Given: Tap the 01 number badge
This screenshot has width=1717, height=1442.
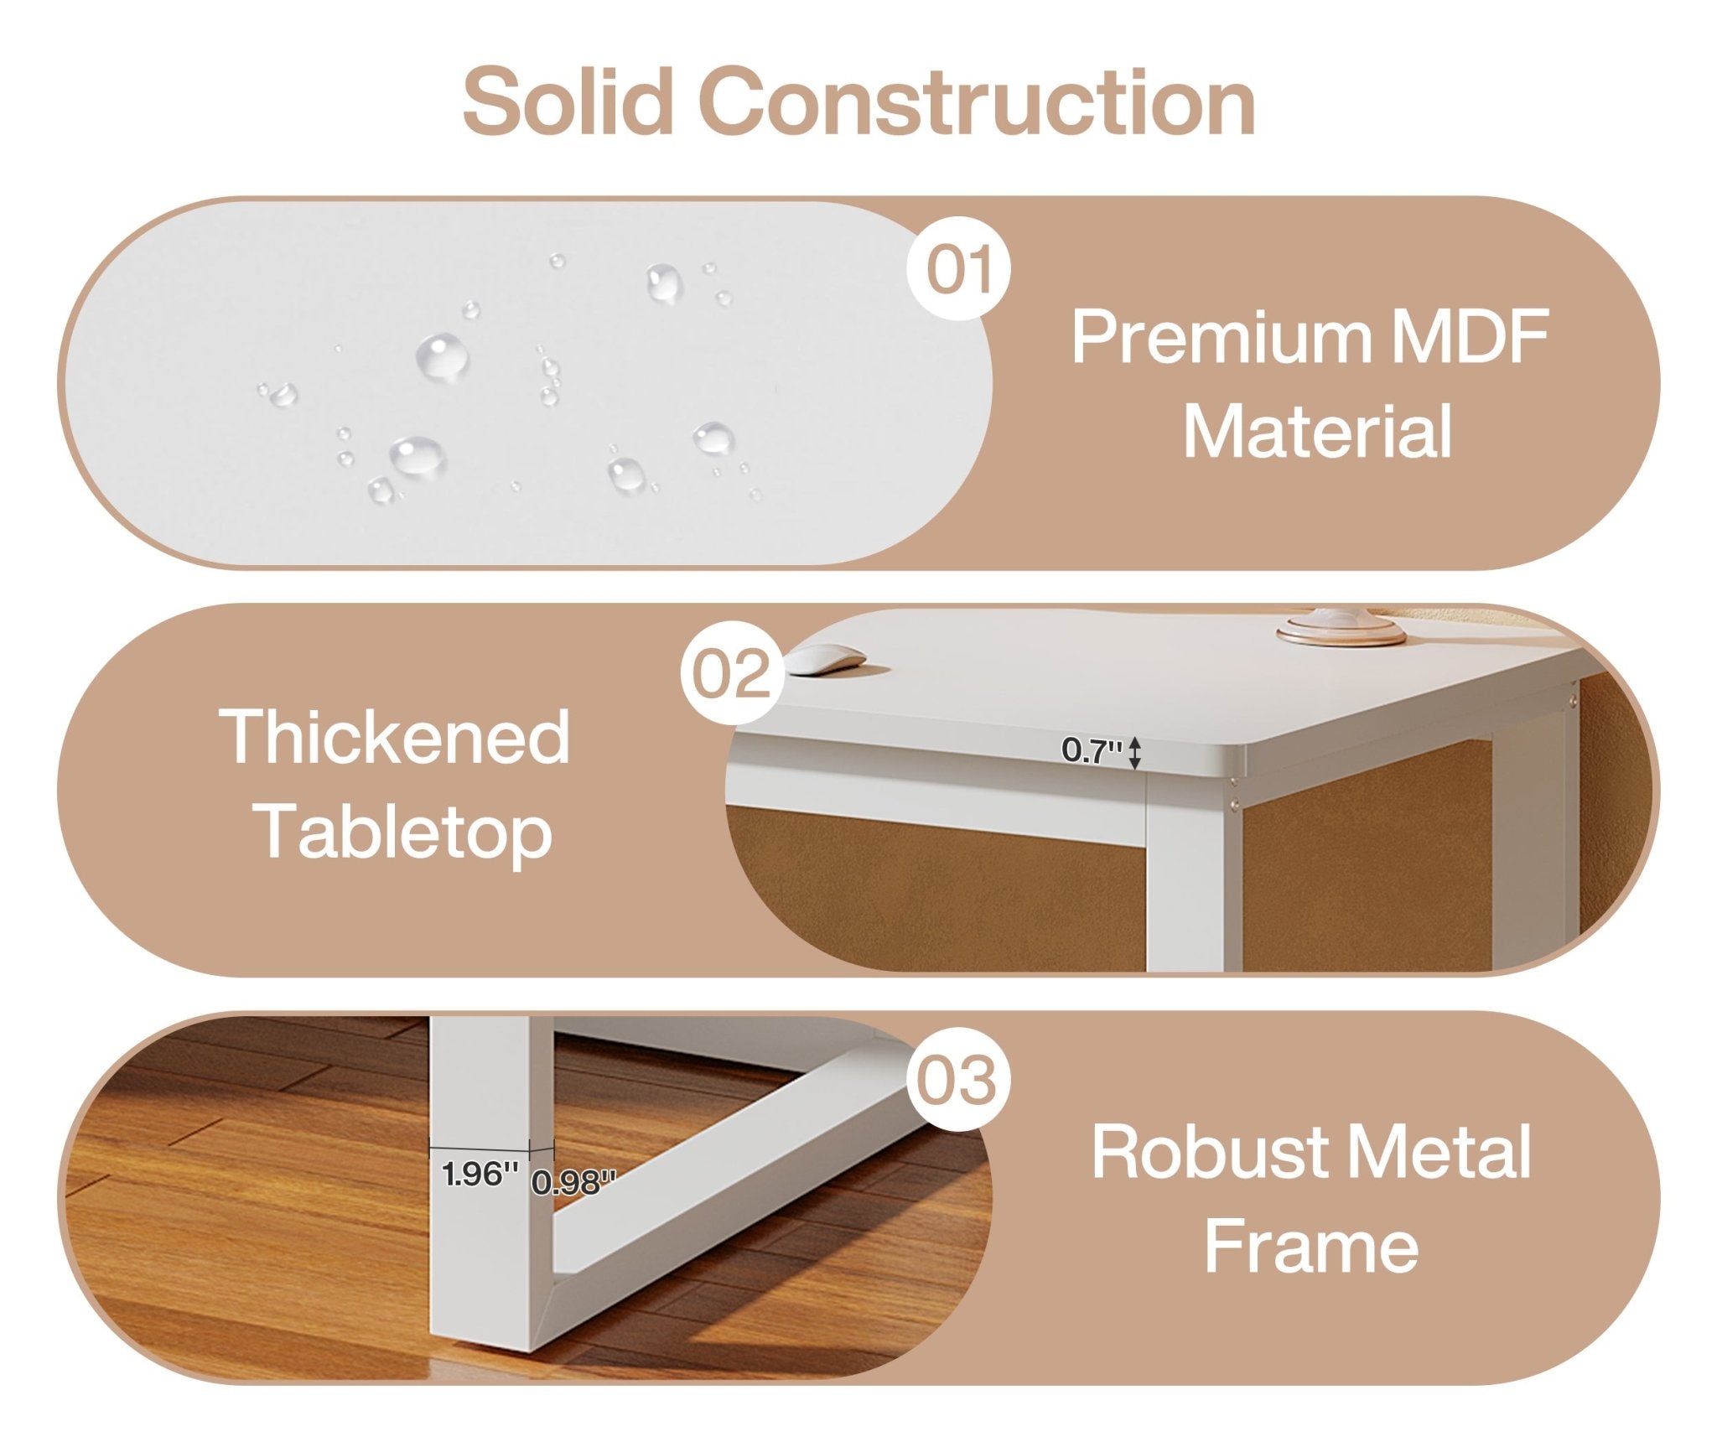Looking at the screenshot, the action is click(x=959, y=268).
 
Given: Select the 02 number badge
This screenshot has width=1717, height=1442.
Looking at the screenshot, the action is click(x=732, y=673).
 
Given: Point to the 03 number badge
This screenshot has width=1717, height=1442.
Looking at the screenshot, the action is click(x=958, y=1080).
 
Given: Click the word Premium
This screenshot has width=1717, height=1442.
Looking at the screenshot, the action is click(x=1222, y=338).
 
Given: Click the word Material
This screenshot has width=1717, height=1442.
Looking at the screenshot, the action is click(x=1317, y=432).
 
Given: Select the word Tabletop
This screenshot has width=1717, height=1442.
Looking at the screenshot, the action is click(x=403, y=831).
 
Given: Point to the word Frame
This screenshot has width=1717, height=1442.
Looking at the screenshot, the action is click(x=1311, y=1247).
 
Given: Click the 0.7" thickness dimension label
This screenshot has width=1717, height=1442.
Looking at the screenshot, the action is click(x=1092, y=750).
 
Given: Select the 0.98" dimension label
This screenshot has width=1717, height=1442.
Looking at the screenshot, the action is click(x=574, y=1182).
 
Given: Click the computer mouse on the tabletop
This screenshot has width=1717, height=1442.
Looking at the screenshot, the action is click(x=825, y=658).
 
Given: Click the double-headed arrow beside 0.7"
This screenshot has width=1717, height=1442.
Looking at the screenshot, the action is click(x=1134, y=752).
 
